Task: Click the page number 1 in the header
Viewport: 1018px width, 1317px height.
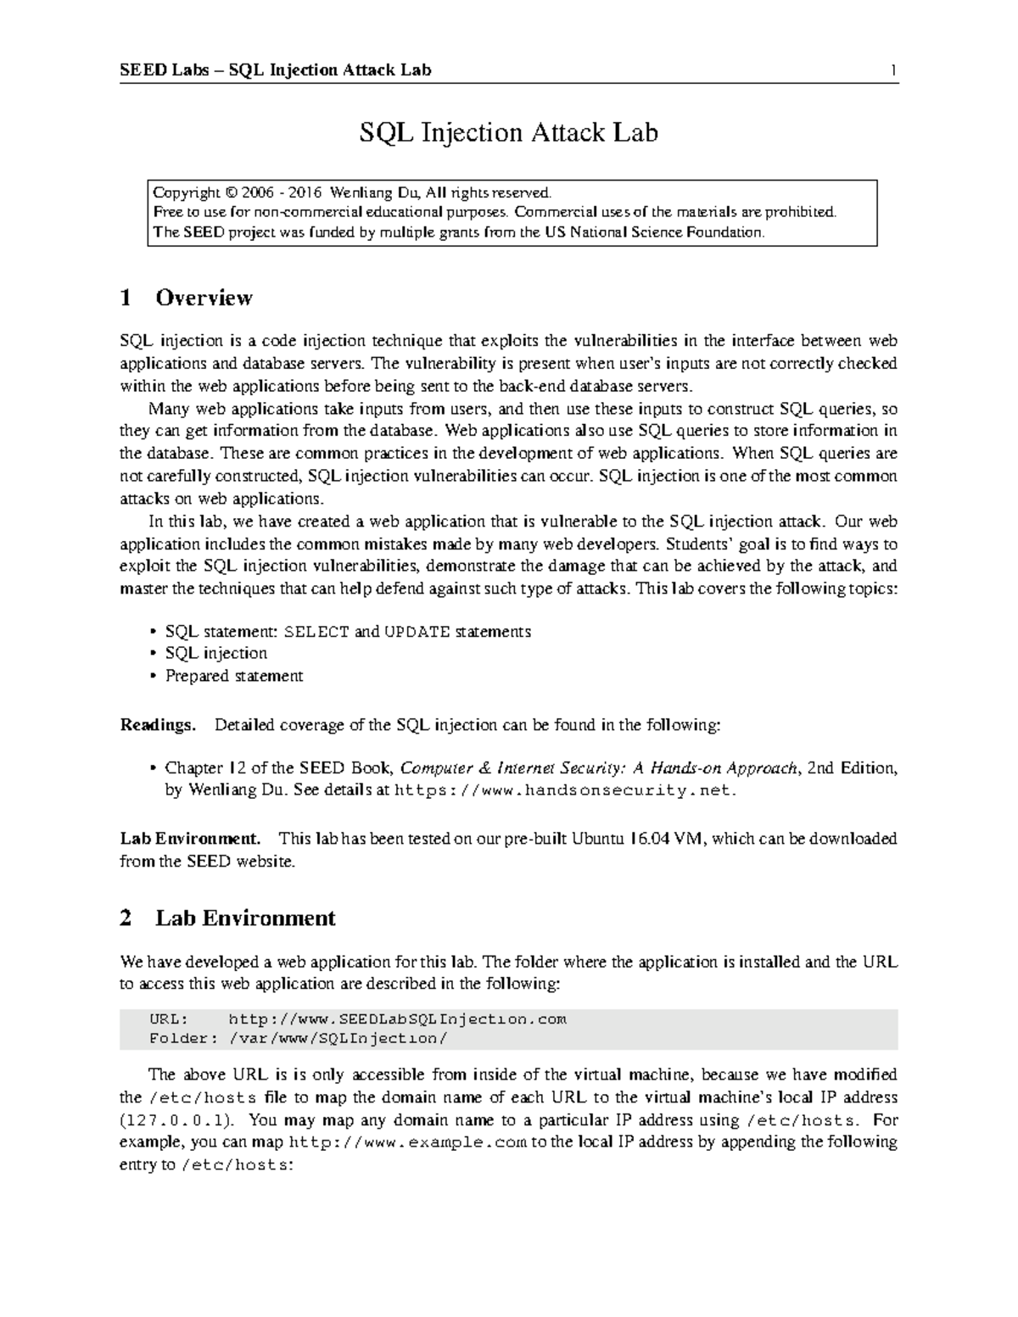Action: (893, 70)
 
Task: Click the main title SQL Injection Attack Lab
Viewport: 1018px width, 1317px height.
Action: (508, 133)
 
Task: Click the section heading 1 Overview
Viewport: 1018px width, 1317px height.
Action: (186, 298)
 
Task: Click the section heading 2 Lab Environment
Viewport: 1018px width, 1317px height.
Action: (227, 918)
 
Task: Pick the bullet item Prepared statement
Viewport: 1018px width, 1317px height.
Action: (233, 676)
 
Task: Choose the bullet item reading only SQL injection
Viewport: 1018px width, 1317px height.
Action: (215, 653)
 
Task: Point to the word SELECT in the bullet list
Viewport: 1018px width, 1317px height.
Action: (316, 632)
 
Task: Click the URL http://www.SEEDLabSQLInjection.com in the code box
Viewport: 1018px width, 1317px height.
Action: (397, 1018)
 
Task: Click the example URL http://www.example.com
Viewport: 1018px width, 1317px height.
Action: (407, 1142)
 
